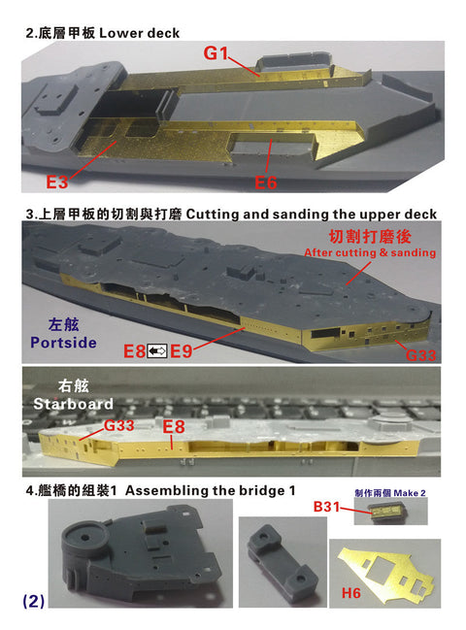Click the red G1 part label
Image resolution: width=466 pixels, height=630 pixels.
[216, 53]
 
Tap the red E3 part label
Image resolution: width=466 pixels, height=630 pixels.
[56, 182]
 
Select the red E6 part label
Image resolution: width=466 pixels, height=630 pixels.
[266, 182]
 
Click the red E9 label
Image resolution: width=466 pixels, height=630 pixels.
[182, 351]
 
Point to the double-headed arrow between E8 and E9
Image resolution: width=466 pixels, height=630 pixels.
[157, 351]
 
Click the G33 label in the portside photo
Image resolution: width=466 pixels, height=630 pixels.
[420, 355]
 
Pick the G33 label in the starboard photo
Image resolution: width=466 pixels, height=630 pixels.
[118, 425]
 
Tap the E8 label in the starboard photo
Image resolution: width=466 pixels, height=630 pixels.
[174, 427]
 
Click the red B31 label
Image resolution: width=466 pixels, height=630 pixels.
[326, 507]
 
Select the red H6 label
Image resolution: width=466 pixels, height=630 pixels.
[351, 593]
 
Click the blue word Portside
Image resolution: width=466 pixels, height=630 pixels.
[63, 343]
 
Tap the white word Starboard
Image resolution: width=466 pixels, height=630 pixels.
[73, 404]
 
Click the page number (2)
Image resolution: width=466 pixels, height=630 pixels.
[34, 601]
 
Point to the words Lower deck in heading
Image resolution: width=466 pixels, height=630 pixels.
[140, 33]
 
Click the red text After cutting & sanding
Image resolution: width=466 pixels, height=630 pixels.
[370, 252]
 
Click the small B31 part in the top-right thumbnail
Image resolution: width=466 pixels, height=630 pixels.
[385, 513]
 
